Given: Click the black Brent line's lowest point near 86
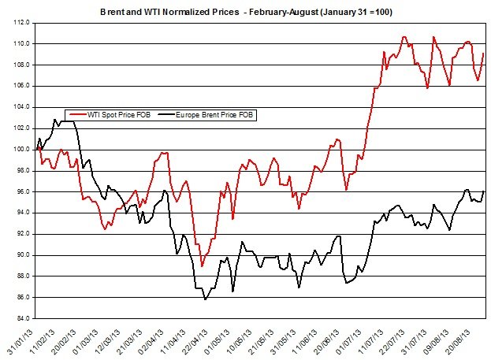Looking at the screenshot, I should pos(205,299).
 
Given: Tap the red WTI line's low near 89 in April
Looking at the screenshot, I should pos(202,266).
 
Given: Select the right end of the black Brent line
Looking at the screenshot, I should pos(483,191).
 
